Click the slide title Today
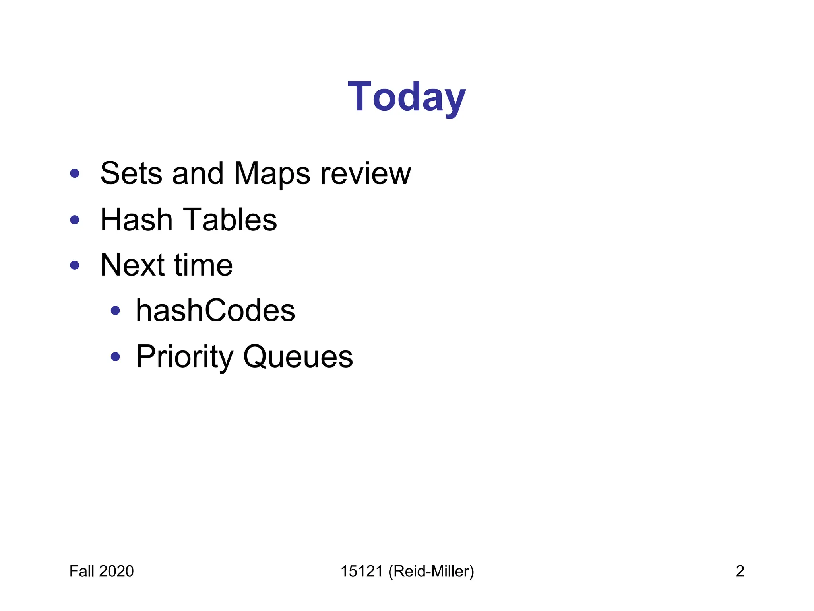point(406,97)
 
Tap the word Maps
point(272,173)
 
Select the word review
point(366,174)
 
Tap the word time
point(203,265)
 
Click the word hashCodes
point(215,311)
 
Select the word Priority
point(184,357)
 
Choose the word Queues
point(298,357)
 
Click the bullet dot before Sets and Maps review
point(75,173)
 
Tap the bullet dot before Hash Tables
point(75,220)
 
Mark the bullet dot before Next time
point(75,265)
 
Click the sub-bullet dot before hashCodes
point(115,311)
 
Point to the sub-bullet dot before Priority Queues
point(115,357)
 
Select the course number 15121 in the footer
point(362,571)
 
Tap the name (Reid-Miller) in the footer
point(431,572)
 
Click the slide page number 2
point(740,571)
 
